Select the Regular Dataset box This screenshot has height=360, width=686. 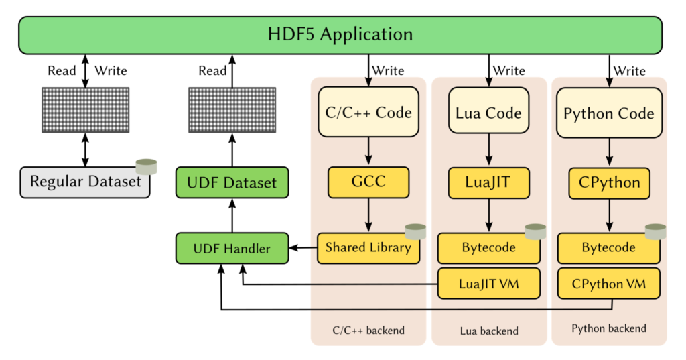[x=85, y=182]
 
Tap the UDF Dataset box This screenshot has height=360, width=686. [x=232, y=182]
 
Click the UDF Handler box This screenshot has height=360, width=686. [x=232, y=249]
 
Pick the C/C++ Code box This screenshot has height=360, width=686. [x=368, y=113]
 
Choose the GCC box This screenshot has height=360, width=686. [x=368, y=182]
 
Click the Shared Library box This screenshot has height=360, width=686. [x=368, y=248]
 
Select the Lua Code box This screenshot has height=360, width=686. [x=488, y=113]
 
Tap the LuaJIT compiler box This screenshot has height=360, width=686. [x=488, y=182]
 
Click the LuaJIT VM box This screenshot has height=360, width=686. [x=488, y=284]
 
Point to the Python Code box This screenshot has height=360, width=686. [x=608, y=113]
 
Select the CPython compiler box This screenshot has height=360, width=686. [x=608, y=182]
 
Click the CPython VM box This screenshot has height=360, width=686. [x=608, y=284]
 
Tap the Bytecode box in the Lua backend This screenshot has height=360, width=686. [x=488, y=248]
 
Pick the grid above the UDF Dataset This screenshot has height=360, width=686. [x=232, y=109]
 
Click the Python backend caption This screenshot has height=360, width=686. [x=608, y=328]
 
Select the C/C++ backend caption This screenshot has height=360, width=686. [x=368, y=331]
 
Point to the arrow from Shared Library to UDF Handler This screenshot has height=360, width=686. [x=303, y=249]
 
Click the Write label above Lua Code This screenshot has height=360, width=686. [x=508, y=70]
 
